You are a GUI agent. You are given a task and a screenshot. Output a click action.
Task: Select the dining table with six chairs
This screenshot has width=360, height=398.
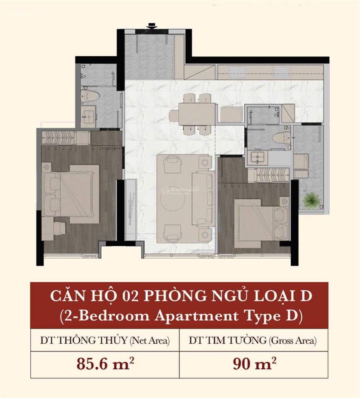(x=197, y=114)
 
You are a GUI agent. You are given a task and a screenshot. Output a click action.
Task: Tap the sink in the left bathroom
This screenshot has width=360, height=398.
(x=88, y=116)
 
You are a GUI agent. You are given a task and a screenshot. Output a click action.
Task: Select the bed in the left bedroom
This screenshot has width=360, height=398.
(x=71, y=194)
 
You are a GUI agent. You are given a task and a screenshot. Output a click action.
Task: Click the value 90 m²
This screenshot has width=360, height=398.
(x=254, y=364)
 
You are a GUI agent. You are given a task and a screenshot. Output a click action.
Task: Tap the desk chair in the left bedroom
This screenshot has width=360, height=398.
(x=59, y=228)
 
